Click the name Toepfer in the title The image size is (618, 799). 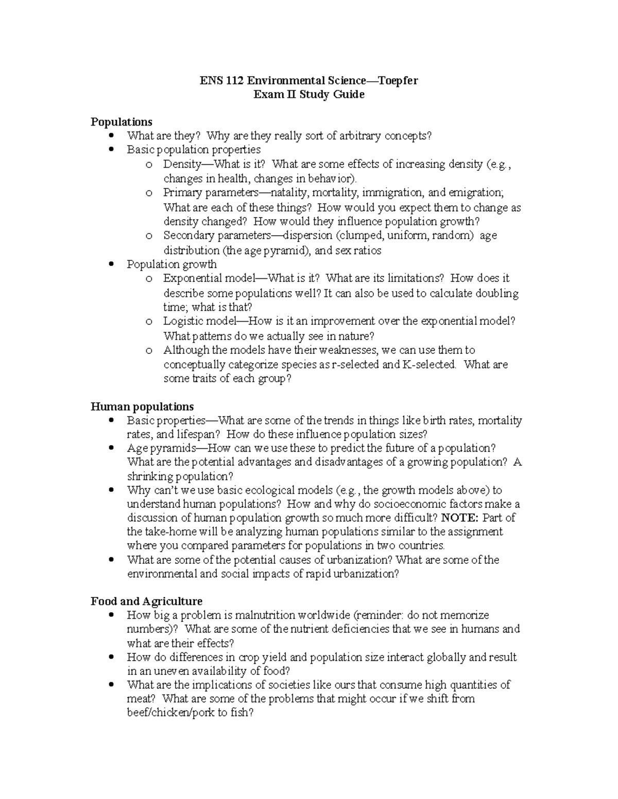point(398,80)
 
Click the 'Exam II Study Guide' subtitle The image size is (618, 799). point(309,94)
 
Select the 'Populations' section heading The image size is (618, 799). point(121,122)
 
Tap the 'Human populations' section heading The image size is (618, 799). point(142,406)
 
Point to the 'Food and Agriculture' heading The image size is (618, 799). point(146,601)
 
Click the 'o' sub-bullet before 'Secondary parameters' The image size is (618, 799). point(149,236)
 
